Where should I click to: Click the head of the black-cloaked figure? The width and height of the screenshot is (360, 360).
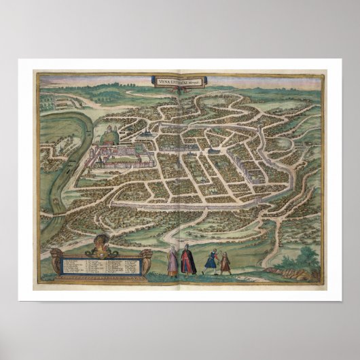[x=186, y=247]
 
